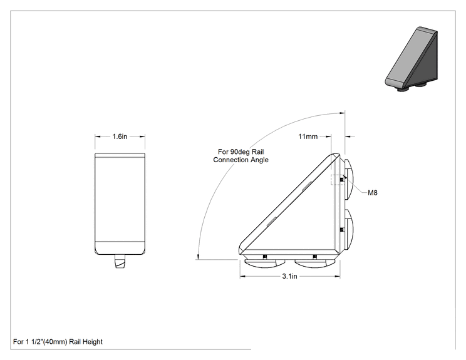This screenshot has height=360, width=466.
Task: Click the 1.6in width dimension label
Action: coord(120,136)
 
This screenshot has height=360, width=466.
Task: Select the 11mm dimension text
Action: coord(308,136)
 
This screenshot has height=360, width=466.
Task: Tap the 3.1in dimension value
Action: coord(289,276)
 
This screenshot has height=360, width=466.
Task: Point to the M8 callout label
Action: coord(373,193)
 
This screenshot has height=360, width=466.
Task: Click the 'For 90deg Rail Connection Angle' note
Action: coord(241,156)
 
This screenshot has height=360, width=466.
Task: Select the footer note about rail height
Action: coord(58,342)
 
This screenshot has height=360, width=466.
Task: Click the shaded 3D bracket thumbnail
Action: coord(412,59)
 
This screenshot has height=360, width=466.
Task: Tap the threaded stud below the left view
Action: coord(120,261)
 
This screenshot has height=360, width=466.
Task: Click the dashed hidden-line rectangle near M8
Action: coord(338,180)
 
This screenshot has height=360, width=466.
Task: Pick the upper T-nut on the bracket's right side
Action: coord(349,179)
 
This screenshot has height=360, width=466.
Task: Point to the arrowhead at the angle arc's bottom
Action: coord(198,256)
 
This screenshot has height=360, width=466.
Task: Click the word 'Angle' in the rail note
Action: coord(259,160)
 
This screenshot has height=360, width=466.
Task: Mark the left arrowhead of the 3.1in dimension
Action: coord(242,277)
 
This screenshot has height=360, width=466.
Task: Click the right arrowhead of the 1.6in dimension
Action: coord(142,136)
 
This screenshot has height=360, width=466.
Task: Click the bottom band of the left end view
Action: coord(120,248)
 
